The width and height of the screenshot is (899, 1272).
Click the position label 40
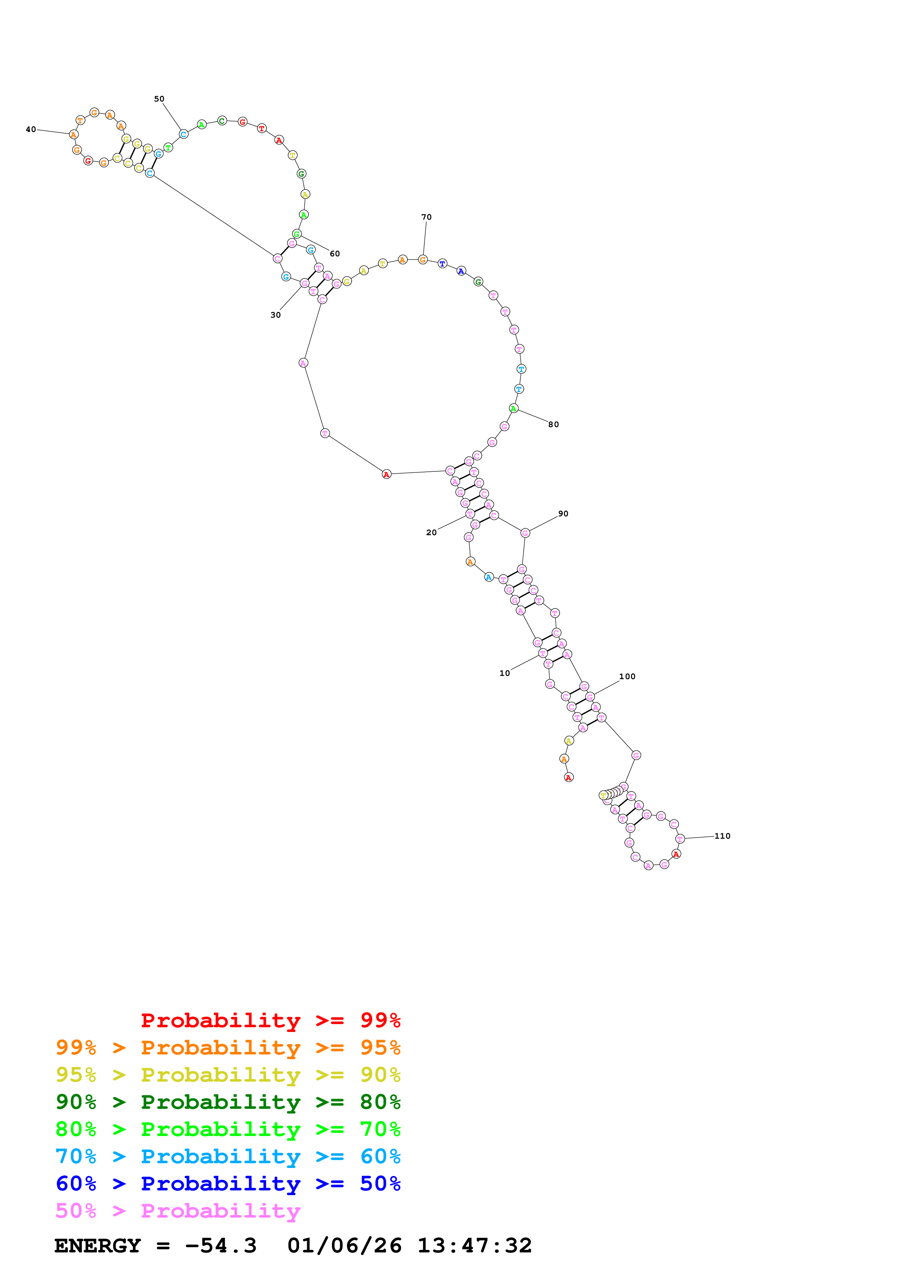pyautogui.click(x=31, y=130)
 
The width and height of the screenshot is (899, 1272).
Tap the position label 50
pyautogui.click(x=159, y=99)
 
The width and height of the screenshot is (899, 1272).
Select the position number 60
pyautogui.click(x=335, y=254)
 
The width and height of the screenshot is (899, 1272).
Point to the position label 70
pyautogui.click(x=426, y=217)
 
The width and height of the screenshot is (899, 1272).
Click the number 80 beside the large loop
pyautogui.click(x=553, y=424)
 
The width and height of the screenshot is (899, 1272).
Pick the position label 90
pyautogui.click(x=563, y=513)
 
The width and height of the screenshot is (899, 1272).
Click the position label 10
pyautogui.click(x=504, y=673)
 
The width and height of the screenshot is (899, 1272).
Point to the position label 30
pyautogui.click(x=275, y=315)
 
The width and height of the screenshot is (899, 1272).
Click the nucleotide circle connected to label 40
pyautogui.click(x=74, y=135)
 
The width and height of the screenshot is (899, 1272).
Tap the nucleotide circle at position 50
pyautogui.click(x=183, y=134)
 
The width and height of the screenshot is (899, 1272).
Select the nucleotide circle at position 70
pyautogui.click(x=422, y=259)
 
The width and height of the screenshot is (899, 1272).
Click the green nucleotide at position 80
pyautogui.click(x=514, y=408)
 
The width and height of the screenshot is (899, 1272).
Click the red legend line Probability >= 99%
pyautogui.click(x=270, y=1020)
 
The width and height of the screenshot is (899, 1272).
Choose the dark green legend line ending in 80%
pyautogui.click(x=228, y=1102)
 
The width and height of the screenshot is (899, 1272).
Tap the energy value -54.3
pyautogui.click(x=220, y=1246)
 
